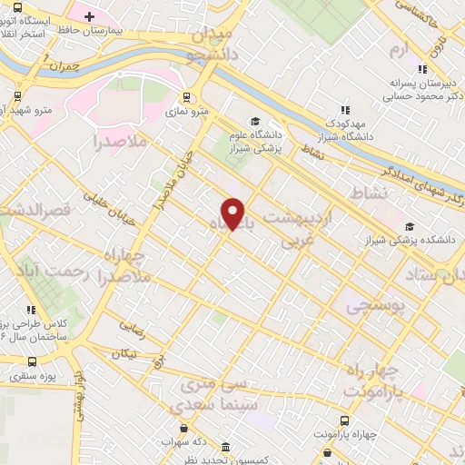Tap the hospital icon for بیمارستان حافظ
[x=89, y=15]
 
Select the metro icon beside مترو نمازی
[x=186, y=97]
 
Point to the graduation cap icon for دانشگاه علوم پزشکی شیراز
[x=255, y=121]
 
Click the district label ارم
[x=399, y=47]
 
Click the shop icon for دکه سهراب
[x=184, y=428]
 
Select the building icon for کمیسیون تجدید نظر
[x=224, y=448]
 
